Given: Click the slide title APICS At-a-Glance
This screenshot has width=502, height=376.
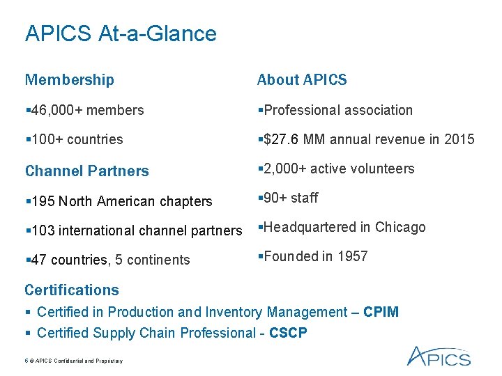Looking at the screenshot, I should click(121, 33).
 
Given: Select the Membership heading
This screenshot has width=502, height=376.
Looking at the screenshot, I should click(69, 80).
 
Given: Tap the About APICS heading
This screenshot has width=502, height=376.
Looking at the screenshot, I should click(302, 80).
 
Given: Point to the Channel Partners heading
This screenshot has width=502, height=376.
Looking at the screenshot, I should click(87, 171).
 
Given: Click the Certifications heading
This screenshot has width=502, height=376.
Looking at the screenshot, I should click(72, 290).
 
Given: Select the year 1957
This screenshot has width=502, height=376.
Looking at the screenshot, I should click(352, 256).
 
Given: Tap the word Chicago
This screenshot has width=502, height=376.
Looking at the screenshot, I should click(400, 227).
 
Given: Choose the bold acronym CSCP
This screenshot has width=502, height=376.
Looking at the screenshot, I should click(287, 333).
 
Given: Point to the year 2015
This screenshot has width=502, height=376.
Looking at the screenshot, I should click(460, 139).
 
